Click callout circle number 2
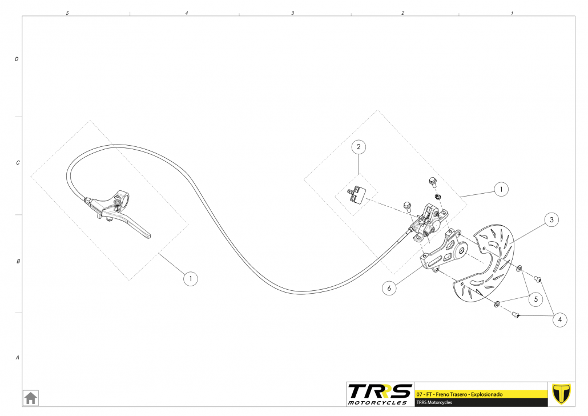[x=359, y=147]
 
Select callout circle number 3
[x=550, y=219]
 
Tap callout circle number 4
[x=560, y=320]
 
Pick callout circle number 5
[x=535, y=298]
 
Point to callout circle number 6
[x=389, y=289]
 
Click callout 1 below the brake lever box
[x=190, y=279]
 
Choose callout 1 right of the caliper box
[x=501, y=189]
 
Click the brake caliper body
[x=430, y=223]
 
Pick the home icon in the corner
[x=30, y=397]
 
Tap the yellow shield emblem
[x=562, y=394]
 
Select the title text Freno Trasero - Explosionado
[x=468, y=395]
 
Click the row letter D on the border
[x=17, y=59]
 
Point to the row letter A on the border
[x=17, y=358]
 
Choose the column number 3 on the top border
[x=293, y=13]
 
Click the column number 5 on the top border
[x=67, y=13]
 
